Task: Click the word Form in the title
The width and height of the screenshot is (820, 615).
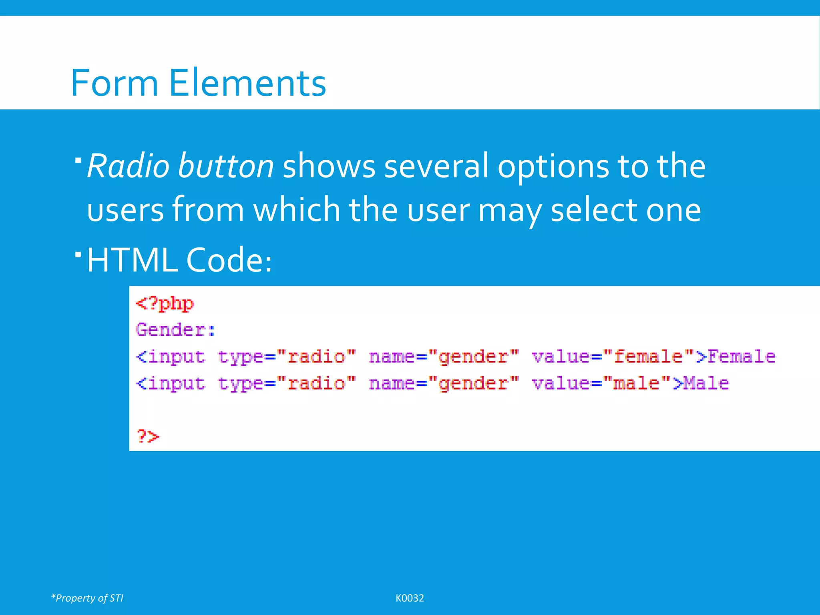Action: [115, 83]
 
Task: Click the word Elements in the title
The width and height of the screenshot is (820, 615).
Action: [247, 83]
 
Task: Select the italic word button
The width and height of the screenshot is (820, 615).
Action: [226, 166]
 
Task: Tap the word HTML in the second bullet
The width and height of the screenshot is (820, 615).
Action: [132, 260]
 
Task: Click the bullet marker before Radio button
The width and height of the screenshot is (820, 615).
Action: [78, 161]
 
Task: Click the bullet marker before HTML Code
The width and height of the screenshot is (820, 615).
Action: [78, 254]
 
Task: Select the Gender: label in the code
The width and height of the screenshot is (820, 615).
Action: [175, 330]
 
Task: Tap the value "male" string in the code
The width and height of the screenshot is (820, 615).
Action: [637, 383]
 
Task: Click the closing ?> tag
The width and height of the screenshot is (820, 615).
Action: [148, 436]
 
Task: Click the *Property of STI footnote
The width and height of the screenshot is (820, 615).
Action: [87, 598]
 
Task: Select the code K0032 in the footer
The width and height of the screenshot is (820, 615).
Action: [410, 598]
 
